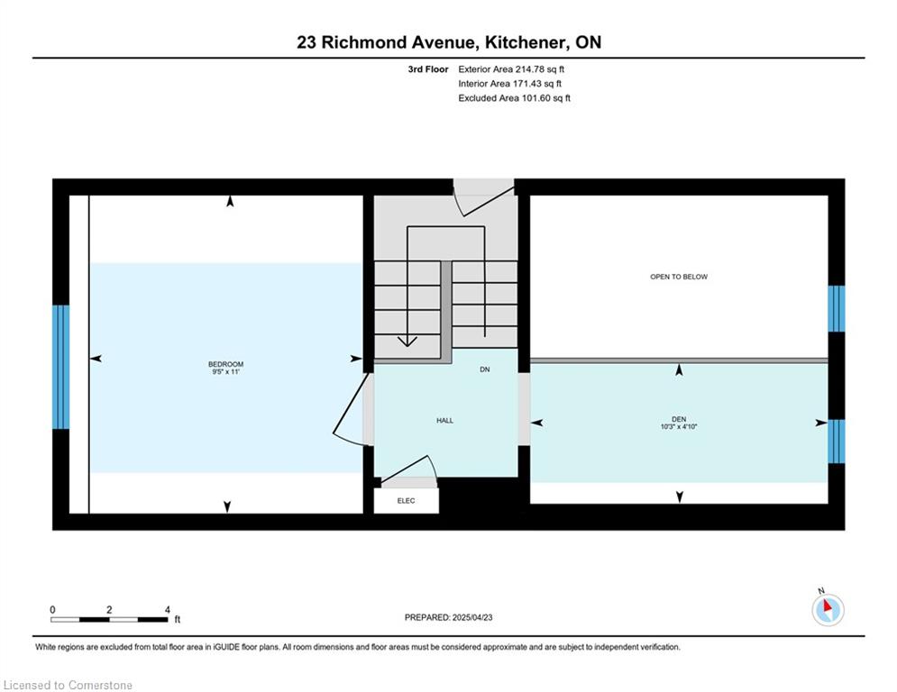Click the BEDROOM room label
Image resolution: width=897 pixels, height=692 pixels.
point(225,364)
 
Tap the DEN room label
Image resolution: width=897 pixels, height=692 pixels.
point(679,419)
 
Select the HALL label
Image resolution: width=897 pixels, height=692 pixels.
point(444,421)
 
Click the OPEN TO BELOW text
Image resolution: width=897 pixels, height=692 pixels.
point(679,277)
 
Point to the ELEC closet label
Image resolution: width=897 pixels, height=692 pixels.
point(407,500)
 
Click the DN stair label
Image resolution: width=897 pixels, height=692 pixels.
point(484,369)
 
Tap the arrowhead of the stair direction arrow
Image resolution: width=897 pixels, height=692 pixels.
point(407,341)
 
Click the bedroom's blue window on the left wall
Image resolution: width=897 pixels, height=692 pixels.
point(60,367)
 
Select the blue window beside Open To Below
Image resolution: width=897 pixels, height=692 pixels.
point(837,309)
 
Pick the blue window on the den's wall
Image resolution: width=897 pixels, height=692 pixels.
point(837,441)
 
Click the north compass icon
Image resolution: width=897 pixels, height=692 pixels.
point(828,609)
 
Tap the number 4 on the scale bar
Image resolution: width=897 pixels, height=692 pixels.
point(167,610)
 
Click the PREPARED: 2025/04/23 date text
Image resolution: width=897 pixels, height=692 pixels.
point(449,617)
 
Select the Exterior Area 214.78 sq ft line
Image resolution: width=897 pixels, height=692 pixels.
point(511,69)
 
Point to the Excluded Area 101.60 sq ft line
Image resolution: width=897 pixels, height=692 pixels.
point(514,98)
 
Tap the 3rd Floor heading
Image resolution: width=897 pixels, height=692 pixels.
point(428,69)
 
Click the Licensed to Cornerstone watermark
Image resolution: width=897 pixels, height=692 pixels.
point(68,685)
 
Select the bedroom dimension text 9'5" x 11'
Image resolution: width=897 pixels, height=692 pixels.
point(225,372)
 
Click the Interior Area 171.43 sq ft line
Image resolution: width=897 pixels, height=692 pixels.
point(509,84)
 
